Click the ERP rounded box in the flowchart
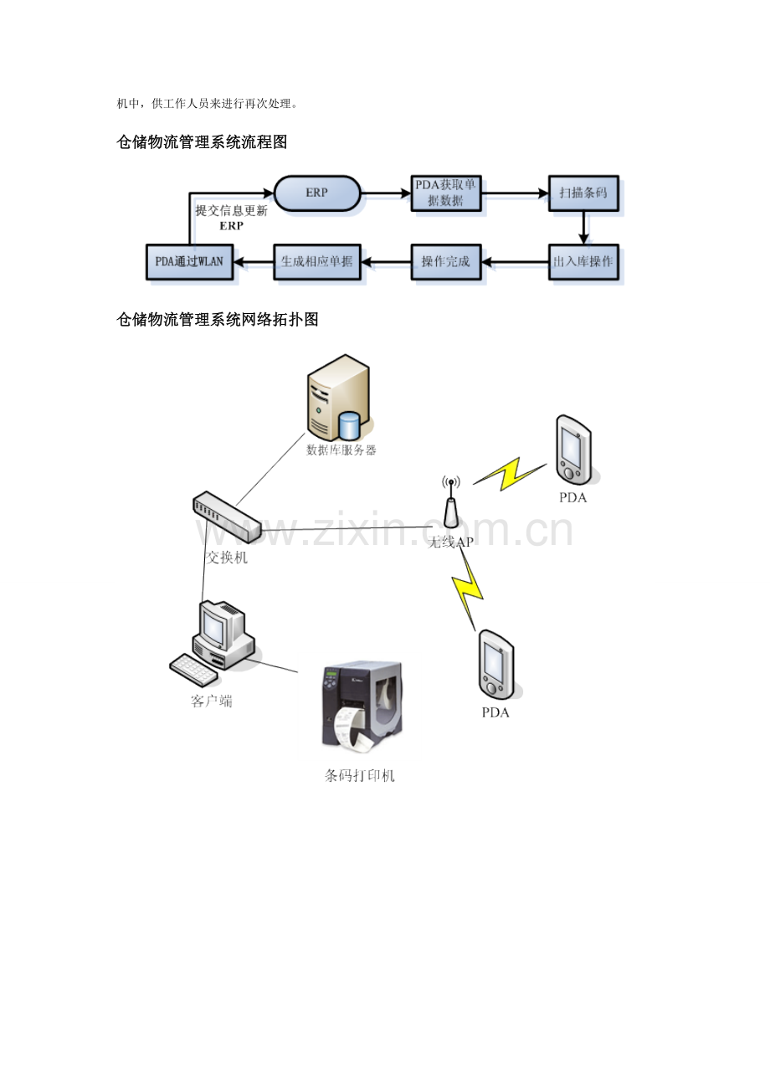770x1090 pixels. click(x=317, y=193)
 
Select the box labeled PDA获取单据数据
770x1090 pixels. click(x=445, y=193)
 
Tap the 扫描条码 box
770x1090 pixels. click(x=583, y=193)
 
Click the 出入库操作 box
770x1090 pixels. click(x=583, y=262)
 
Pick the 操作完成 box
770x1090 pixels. click(x=445, y=262)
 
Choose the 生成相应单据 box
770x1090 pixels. click(x=317, y=262)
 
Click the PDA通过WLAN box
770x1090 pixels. click(x=189, y=262)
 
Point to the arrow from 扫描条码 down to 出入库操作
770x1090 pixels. click(x=583, y=228)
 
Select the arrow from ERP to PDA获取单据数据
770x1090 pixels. click(x=386, y=193)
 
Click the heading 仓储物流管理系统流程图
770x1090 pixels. click(x=202, y=142)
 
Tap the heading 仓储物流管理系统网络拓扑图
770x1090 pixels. click(x=218, y=319)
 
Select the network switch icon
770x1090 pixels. click(x=227, y=517)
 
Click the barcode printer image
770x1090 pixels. click(x=362, y=707)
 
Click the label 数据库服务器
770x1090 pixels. click(x=341, y=450)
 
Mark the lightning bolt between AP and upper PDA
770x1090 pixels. click(x=509, y=474)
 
